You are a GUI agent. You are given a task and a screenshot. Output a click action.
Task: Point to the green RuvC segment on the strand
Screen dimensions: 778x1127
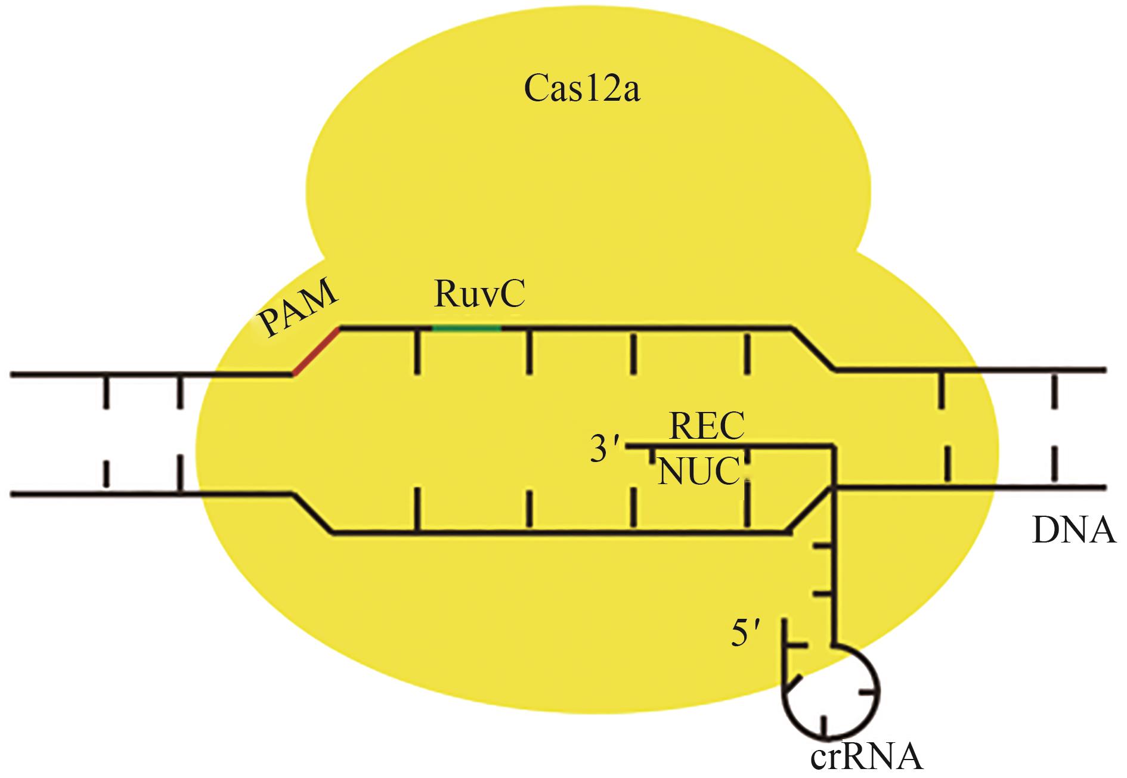coord(466,328)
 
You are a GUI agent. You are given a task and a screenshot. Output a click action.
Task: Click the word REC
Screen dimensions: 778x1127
coord(707,424)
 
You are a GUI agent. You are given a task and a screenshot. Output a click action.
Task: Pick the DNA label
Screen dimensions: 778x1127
coord(1073,531)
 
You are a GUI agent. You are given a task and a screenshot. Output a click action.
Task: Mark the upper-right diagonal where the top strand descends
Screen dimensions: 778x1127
coord(813,349)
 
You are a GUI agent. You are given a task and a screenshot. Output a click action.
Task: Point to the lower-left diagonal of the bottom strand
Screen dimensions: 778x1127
coord(312,513)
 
